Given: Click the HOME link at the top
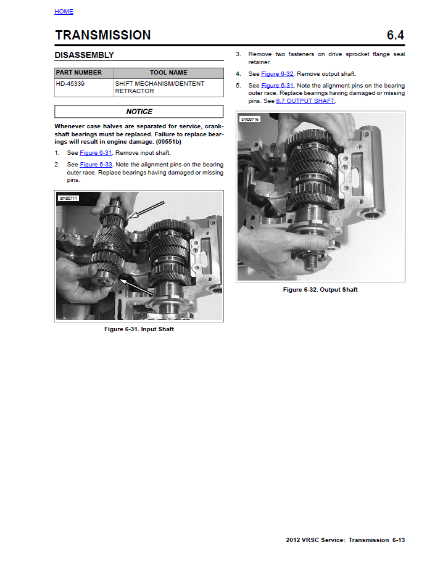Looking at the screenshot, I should pos(64,12).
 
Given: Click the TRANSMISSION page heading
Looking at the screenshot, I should pos(102,35).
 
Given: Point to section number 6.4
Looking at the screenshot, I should pos(395,35).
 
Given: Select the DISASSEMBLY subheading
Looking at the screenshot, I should pos(84,55).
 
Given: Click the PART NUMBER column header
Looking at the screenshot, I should pos(79,73).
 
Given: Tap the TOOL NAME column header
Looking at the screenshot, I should pos(168,73).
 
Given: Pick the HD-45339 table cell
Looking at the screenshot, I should pos(70,83).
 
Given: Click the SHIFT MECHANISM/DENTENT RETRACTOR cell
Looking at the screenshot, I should pos(159,87).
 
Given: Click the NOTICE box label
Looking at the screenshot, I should pos(139,112).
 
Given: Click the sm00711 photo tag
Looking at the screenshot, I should pos(68,198).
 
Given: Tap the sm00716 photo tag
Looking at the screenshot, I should pos(250,118).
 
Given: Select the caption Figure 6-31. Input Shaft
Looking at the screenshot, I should pos(139,329).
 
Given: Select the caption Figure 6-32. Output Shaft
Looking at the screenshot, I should pos(320,290).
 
